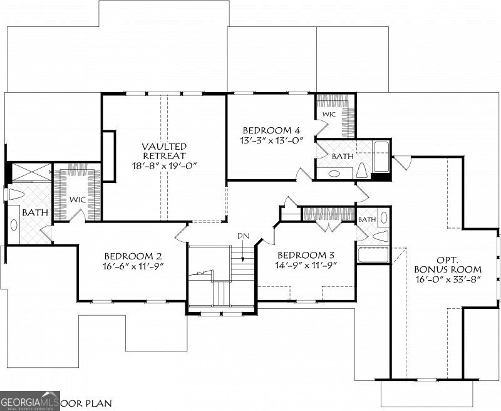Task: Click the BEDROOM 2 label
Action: click(133, 256)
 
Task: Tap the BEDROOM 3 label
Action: click(306, 256)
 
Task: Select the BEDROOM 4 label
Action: click(272, 130)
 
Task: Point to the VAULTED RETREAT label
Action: click(164, 150)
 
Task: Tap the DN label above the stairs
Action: click(243, 235)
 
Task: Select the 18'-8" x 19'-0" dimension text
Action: click(164, 167)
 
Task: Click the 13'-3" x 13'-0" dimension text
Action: click(272, 141)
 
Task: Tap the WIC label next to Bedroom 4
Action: click(329, 115)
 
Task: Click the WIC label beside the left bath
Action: click(78, 199)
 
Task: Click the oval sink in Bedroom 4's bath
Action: click(334, 174)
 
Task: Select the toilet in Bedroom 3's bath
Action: click(381, 237)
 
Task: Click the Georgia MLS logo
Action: click(29, 400)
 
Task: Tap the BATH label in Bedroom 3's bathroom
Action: click(367, 219)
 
